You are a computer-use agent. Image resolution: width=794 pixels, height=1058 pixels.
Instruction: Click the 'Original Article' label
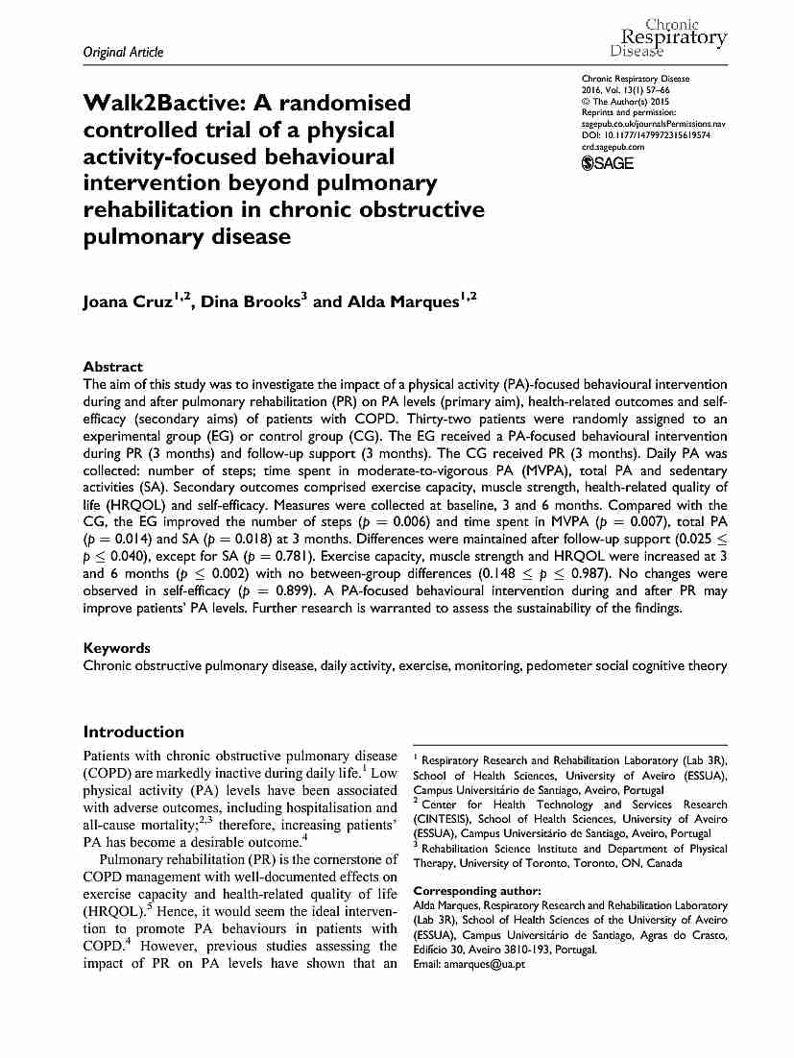124,52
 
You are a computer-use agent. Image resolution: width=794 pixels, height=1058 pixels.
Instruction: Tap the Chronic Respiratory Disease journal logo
668,36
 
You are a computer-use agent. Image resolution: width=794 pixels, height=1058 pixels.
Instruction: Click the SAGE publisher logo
608,163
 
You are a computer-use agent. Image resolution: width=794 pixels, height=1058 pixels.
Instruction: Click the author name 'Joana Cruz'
131,302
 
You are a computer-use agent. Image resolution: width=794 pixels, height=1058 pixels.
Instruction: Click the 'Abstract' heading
113,367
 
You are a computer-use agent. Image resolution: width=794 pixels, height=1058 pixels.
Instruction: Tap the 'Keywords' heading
117,648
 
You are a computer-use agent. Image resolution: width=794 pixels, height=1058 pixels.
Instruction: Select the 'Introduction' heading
133,732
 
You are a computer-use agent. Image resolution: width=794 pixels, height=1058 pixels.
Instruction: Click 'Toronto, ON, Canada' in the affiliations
628,863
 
